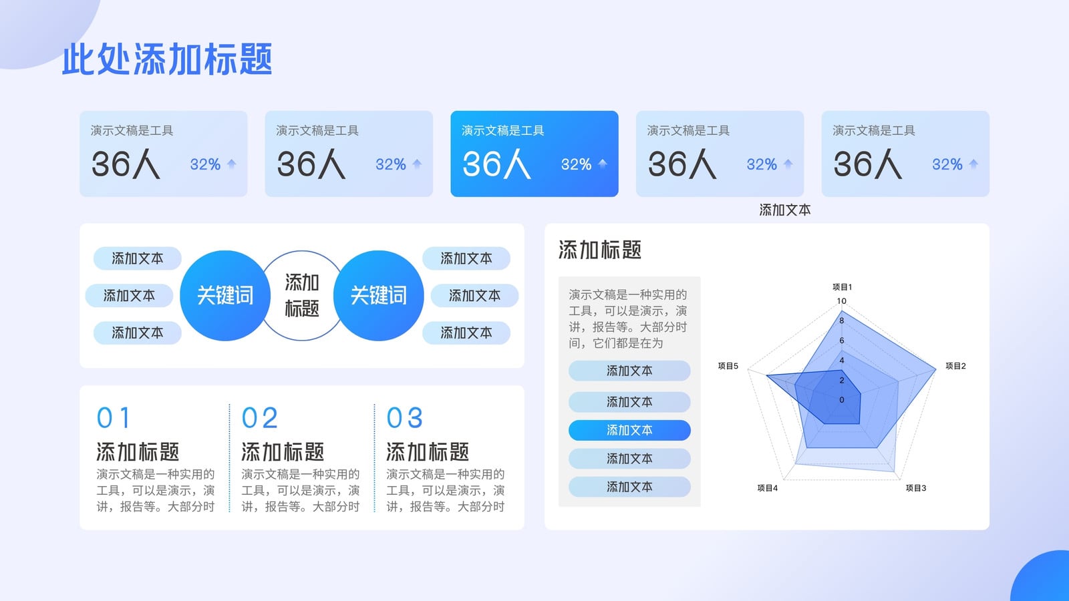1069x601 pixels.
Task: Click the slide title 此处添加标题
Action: (x=167, y=59)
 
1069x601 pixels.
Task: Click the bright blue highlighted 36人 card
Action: (x=534, y=154)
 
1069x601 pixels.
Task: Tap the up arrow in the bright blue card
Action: (x=602, y=164)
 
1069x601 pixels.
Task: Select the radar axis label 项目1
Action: (x=842, y=286)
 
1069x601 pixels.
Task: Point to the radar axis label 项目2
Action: (x=955, y=366)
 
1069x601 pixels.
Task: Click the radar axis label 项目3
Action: (x=916, y=488)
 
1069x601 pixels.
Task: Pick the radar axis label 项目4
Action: (x=768, y=488)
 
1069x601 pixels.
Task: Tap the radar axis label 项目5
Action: (x=728, y=366)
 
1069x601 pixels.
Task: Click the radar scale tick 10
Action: (x=841, y=301)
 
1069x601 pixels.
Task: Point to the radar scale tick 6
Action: (x=841, y=341)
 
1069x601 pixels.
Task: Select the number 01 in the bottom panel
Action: (x=113, y=418)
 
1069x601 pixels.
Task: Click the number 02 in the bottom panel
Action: (x=259, y=418)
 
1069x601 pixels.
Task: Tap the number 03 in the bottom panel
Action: (x=404, y=418)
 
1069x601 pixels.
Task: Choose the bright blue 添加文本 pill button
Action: (x=629, y=430)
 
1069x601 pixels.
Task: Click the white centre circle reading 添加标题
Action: (x=301, y=296)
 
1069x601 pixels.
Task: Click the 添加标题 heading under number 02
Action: (x=283, y=451)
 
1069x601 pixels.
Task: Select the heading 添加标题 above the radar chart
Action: (x=600, y=250)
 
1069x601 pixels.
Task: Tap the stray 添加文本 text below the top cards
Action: (x=784, y=210)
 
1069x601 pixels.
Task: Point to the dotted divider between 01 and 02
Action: (x=230, y=458)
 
